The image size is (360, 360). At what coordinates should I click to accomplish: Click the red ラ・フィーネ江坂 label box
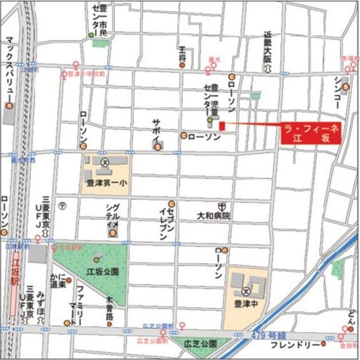(x=310, y=133)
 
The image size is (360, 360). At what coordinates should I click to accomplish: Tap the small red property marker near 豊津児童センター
(x=221, y=126)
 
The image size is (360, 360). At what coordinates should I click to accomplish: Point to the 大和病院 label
(x=213, y=216)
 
